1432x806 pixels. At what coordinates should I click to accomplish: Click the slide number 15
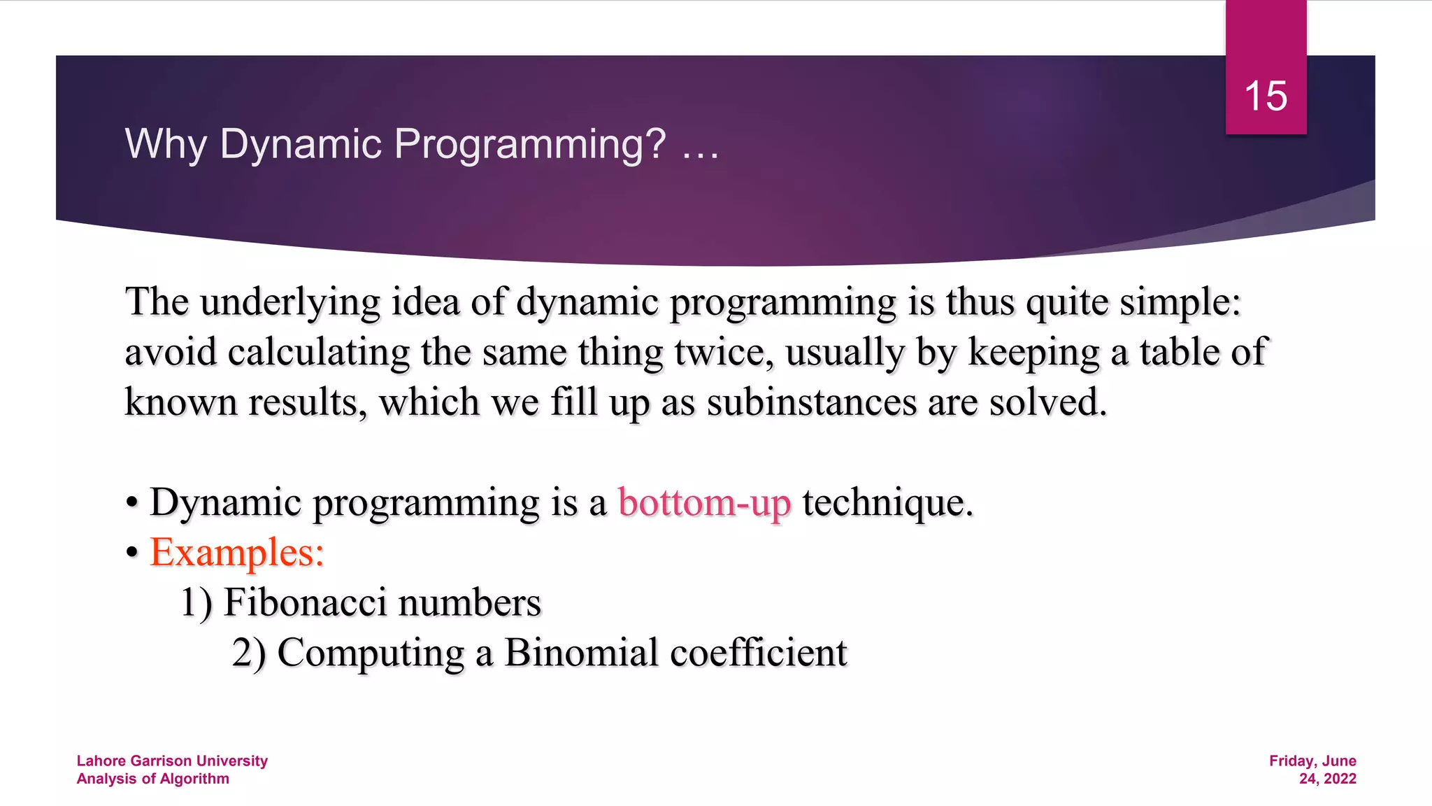click(x=1266, y=96)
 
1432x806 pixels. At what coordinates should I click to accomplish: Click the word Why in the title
click(x=165, y=144)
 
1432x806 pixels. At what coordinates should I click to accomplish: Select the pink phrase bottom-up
click(x=704, y=503)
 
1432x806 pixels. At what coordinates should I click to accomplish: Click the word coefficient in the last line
click(x=758, y=653)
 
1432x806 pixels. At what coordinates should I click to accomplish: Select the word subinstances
click(x=811, y=402)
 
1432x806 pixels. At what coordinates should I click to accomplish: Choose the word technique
click(x=887, y=503)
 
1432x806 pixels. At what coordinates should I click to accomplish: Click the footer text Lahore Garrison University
click(x=172, y=761)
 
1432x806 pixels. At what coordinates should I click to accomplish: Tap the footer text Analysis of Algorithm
click(x=152, y=779)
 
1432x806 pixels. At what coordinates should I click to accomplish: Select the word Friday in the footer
click(x=1291, y=761)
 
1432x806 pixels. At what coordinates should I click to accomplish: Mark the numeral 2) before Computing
click(x=248, y=653)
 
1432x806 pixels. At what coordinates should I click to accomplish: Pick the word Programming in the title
click(x=529, y=144)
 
